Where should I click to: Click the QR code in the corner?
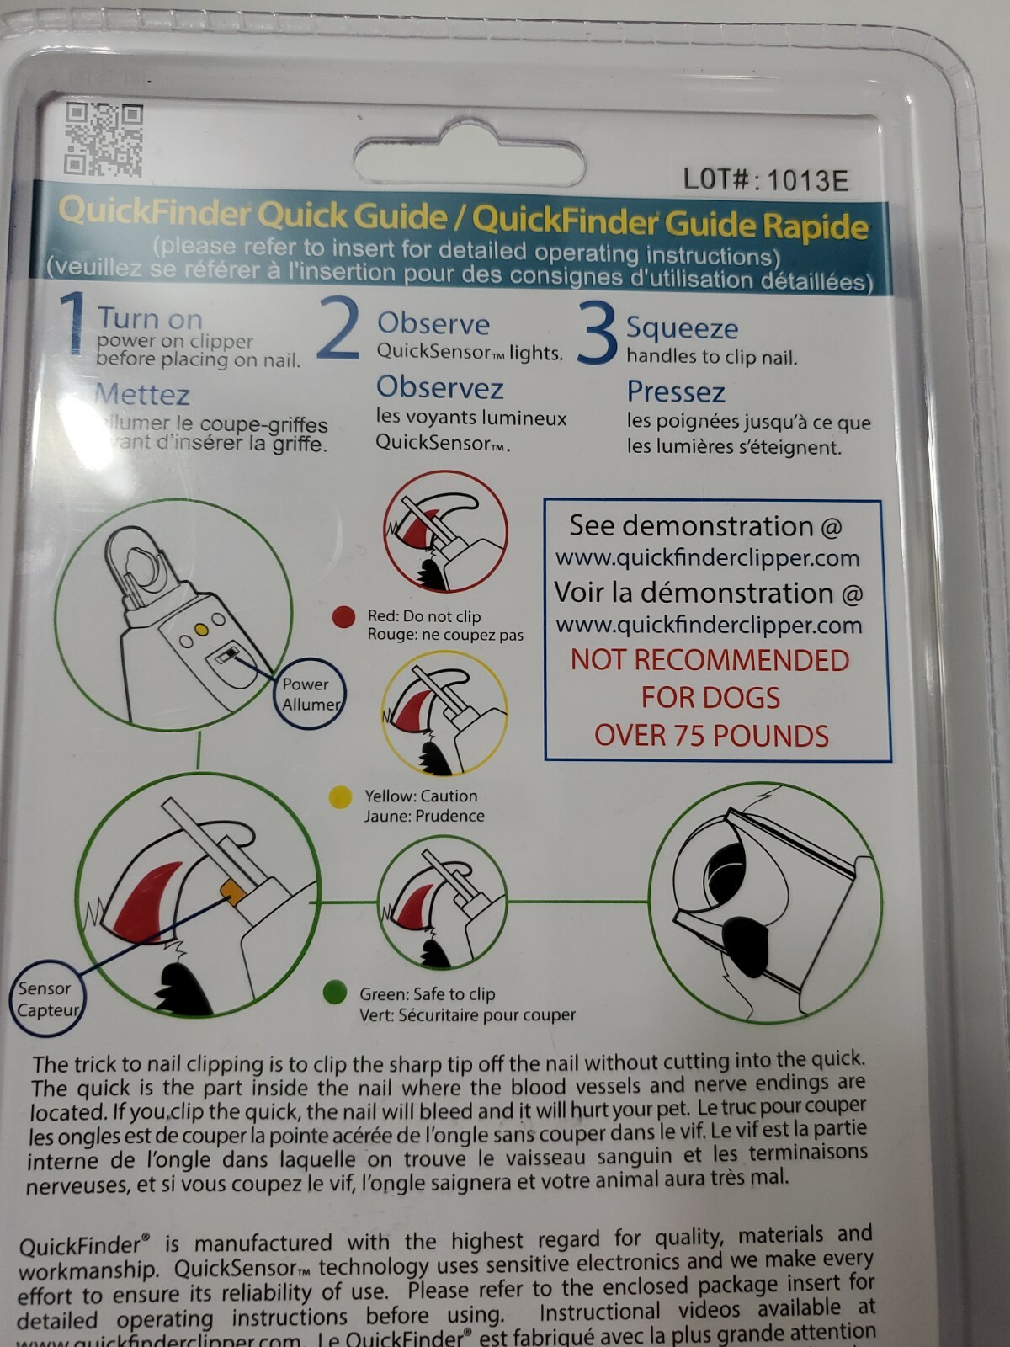click(x=104, y=140)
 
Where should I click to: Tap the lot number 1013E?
click(x=765, y=179)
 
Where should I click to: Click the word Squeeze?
click(x=682, y=328)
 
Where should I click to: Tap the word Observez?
click(x=439, y=387)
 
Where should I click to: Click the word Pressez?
click(x=676, y=392)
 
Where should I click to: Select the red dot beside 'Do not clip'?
click(x=343, y=617)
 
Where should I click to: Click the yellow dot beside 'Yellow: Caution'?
click(x=340, y=797)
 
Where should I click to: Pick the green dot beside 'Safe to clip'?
click(x=335, y=992)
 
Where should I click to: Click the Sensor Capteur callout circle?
click(x=47, y=998)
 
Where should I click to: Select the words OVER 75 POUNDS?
click(x=711, y=736)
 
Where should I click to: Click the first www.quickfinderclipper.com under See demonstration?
click(x=707, y=558)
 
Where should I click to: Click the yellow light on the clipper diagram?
click(x=200, y=630)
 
